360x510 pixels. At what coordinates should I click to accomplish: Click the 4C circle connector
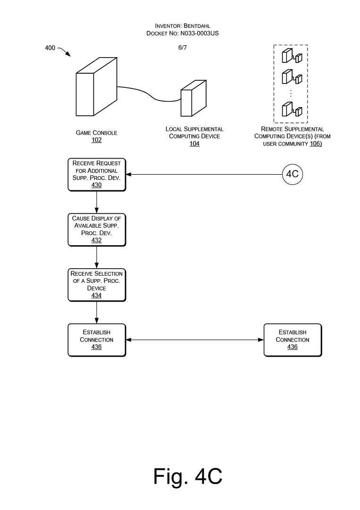[x=293, y=174]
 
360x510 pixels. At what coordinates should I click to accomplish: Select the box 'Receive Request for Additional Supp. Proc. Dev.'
[x=97, y=174]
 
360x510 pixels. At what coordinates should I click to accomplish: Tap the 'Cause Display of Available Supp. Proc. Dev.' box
[x=97, y=229]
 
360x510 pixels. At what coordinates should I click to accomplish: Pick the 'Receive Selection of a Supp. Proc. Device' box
[x=97, y=285]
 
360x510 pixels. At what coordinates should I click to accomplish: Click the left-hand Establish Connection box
[x=97, y=340]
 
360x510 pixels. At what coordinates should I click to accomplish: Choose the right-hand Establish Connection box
[x=293, y=340]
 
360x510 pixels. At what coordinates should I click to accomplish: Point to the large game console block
[x=96, y=87]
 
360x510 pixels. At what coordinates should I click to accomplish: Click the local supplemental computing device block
[x=193, y=98]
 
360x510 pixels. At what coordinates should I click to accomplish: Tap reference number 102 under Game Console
[x=97, y=140]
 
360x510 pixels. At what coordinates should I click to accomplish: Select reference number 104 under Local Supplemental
[x=194, y=144]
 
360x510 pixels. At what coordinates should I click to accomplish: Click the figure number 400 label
[x=50, y=48]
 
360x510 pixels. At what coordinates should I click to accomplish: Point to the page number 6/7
[x=183, y=48]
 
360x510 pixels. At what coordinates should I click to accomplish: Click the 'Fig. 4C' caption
[x=188, y=476]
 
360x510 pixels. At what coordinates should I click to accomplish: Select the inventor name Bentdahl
[x=197, y=25]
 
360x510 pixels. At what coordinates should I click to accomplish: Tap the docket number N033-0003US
[x=200, y=33]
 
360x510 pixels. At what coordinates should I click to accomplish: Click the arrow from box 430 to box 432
[x=97, y=202]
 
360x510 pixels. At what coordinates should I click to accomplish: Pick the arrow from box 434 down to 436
[x=97, y=313]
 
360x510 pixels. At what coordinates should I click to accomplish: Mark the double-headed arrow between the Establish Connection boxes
[x=194, y=340]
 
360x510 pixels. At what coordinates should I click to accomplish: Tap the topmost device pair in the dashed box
[x=292, y=56]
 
